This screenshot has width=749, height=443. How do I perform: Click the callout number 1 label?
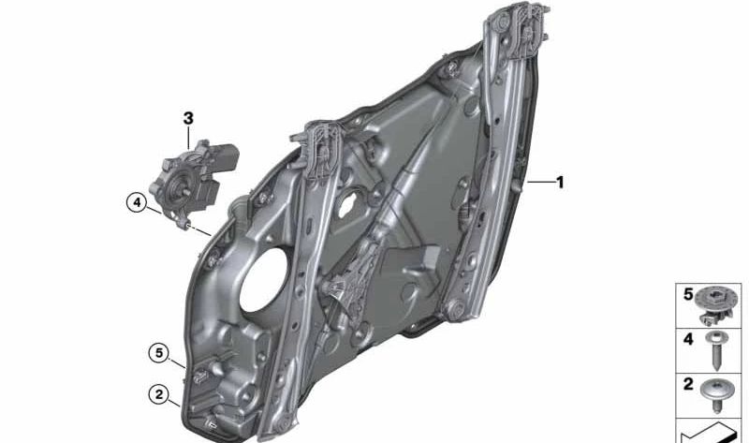(560, 183)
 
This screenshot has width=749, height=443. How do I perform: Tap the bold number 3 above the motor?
(188, 118)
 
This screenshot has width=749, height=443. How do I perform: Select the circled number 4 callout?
(137, 202)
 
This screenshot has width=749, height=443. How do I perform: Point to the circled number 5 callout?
(160, 353)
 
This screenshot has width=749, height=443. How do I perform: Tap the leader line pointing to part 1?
(541, 183)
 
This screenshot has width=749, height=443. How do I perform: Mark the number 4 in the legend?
(687, 339)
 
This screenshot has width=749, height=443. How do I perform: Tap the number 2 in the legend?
(687, 384)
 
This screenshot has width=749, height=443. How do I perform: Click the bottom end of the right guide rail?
(454, 309)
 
